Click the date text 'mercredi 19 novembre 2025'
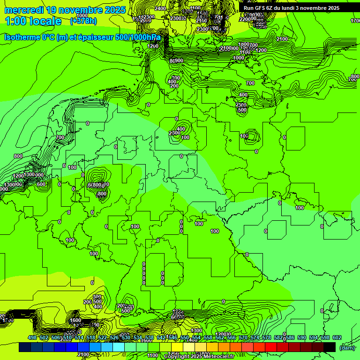(x=65, y=10)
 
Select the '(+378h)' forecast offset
(x=83, y=21)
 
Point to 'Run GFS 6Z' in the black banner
(x=259, y=8)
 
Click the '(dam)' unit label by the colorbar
(x=347, y=347)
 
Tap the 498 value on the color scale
(x=32, y=337)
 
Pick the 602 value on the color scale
(x=337, y=337)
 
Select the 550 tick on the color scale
(x=185, y=337)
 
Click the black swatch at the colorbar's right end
(x=330, y=347)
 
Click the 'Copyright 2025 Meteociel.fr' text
(x=199, y=356)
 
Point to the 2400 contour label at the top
(x=160, y=8)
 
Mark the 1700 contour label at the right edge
(x=355, y=21)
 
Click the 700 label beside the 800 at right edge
(x=352, y=80)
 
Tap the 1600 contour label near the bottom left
(x=75, y=321)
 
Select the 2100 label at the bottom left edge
(x=83, y=354)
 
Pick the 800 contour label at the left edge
(x=18, y=156)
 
